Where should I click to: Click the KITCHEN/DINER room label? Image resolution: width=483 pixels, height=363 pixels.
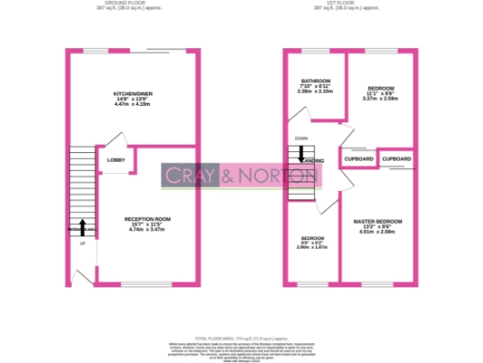click(131, 93)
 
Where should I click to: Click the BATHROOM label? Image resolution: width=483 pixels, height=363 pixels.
click(315, 81)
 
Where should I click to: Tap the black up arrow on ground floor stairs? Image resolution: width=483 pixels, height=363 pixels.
click(82, 227)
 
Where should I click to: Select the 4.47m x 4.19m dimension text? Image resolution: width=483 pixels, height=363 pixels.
click(131, 104)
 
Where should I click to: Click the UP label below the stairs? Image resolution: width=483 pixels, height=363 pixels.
click(82, 243)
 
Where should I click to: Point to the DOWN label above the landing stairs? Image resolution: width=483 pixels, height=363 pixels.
click(301, 139)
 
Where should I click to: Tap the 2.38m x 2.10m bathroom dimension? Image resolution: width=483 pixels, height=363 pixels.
click(315, 92)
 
